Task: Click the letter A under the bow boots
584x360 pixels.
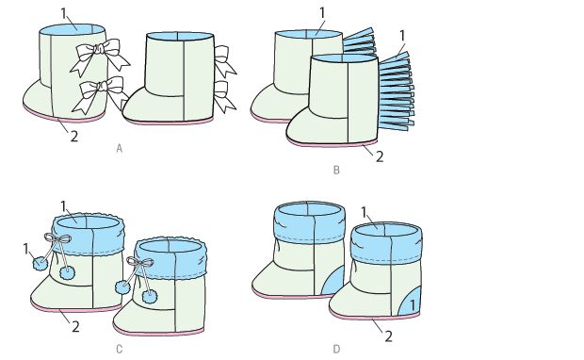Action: [x=120, y=149]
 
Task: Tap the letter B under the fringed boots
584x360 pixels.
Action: [x=336, y=171]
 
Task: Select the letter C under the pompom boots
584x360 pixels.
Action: [x=120, y=350]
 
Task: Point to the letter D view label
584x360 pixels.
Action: [x=336, y=350]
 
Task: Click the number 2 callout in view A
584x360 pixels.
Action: [x=74, y=137]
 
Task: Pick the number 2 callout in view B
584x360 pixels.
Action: [x=380, y=156]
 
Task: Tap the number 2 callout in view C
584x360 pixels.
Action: [x=75, y=327]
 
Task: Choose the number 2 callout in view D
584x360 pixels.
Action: [x=388, y=336]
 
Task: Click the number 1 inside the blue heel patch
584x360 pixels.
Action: [x=413, y=305]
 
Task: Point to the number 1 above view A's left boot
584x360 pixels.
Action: [x=64, y=13]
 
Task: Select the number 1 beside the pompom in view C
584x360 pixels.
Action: [x=26, y=250]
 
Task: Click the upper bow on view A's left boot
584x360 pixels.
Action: [x=100, y=55]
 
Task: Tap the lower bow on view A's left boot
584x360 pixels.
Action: [x=100, y=94]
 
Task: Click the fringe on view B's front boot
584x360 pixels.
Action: [x=397, y=91]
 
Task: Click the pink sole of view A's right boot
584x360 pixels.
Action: [x=169, y=122]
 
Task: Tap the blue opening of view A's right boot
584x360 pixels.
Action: [x=180, y=36]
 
